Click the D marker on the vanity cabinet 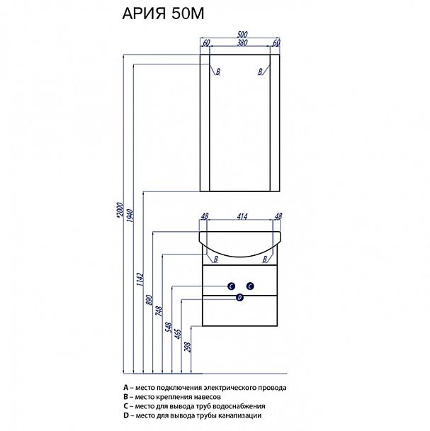click(240, 298)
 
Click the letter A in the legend click(125, 388)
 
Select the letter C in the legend click(125, 406)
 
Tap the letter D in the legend click(125, 415)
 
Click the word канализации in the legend click(242, 415)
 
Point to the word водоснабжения click(239, 406)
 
